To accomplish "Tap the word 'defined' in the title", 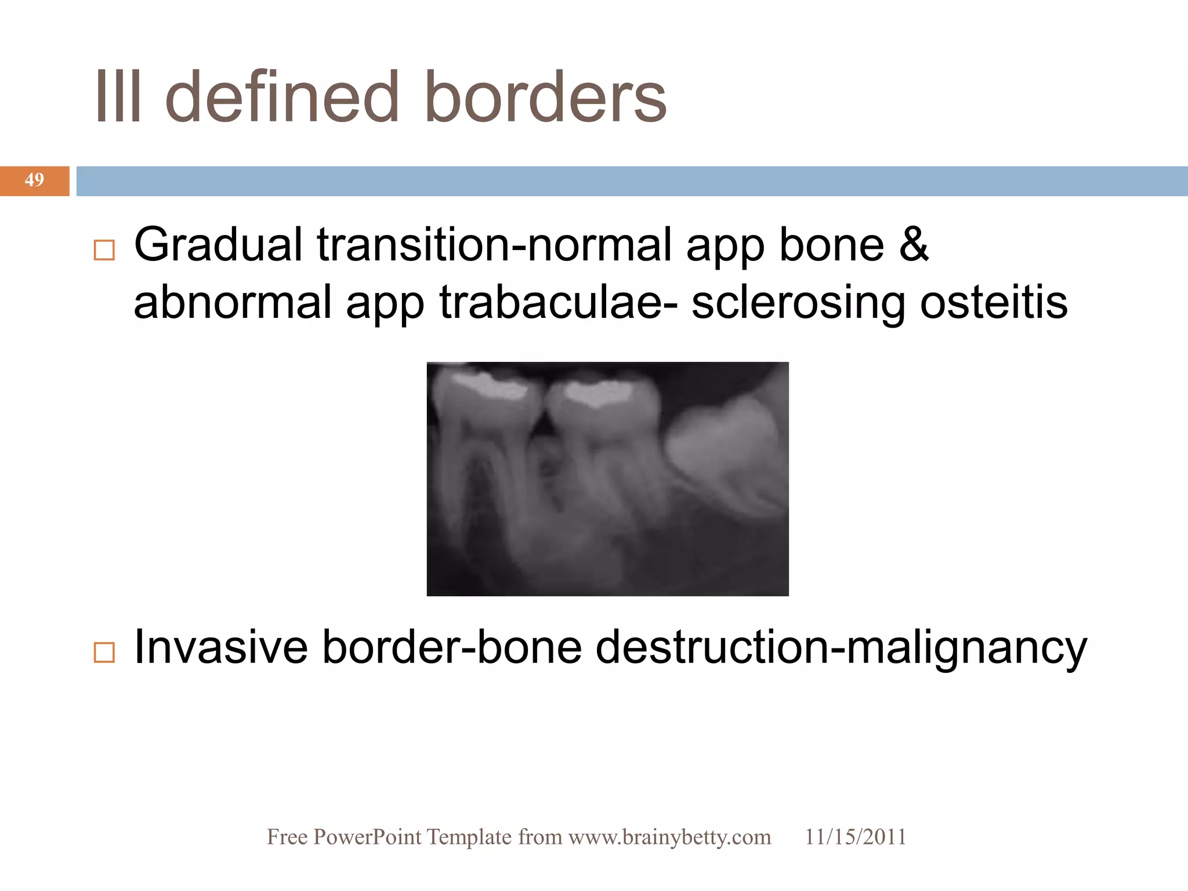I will point(282,97).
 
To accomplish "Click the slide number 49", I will point(34,180).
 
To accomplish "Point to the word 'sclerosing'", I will point(798,303).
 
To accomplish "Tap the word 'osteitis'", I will point(994,303).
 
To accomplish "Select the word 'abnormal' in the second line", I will point(232,303).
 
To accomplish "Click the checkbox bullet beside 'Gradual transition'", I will point(104,251).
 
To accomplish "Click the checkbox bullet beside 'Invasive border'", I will point(104,653).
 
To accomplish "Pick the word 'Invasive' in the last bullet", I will point(220,647).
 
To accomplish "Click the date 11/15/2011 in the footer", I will point(855,838).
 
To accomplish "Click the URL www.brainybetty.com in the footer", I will point(669,838).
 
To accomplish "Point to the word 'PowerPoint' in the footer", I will point(367,838).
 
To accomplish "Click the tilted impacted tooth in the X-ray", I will point(725,452).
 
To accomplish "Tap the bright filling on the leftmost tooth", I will point(490,386).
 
